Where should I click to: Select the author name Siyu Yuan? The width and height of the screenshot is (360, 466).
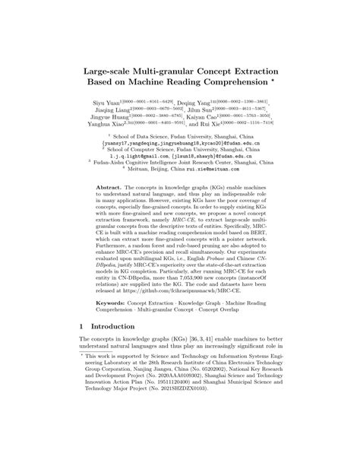click(x=110, y=100)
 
